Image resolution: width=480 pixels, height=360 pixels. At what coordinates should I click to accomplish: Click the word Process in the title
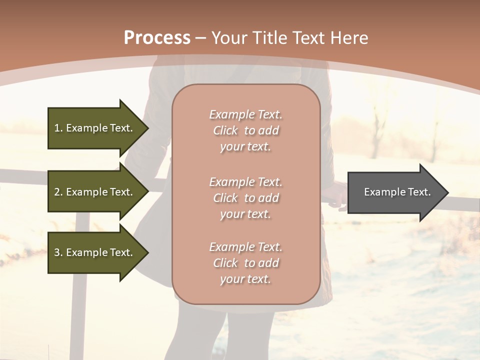point(157,37)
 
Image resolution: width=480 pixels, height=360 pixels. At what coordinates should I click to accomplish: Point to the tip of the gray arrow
point(447,192)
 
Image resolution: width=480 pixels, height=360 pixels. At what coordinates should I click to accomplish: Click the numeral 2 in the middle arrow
point(57,192)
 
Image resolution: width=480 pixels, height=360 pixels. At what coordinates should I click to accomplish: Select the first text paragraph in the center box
point(245,130)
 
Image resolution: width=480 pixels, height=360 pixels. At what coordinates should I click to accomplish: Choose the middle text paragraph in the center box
point(245,198)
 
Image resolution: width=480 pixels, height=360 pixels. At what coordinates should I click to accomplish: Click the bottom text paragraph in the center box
point(245,263)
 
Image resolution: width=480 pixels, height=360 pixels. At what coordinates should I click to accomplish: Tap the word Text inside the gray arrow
point(418,192)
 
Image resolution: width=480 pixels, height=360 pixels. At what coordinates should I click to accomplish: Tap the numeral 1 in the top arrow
point(56,128)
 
